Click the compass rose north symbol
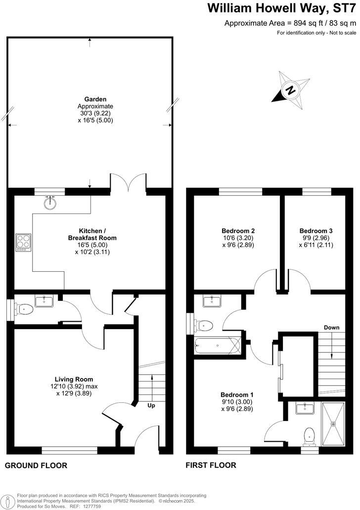pos(291,90)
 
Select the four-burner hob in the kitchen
pos(23,242)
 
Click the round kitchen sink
pos(50,203)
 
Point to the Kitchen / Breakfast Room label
pos(92,234)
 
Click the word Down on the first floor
pos(332,327)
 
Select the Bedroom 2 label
pos(238,231)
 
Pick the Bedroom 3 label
pos(316,231)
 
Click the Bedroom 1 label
pos(237,395)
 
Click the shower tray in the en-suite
pos(333,423)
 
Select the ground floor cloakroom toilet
pos(24,309)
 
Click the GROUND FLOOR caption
pos(36,466)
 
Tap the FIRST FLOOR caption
pos(211,466)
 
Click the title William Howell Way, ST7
pos(281,8)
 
